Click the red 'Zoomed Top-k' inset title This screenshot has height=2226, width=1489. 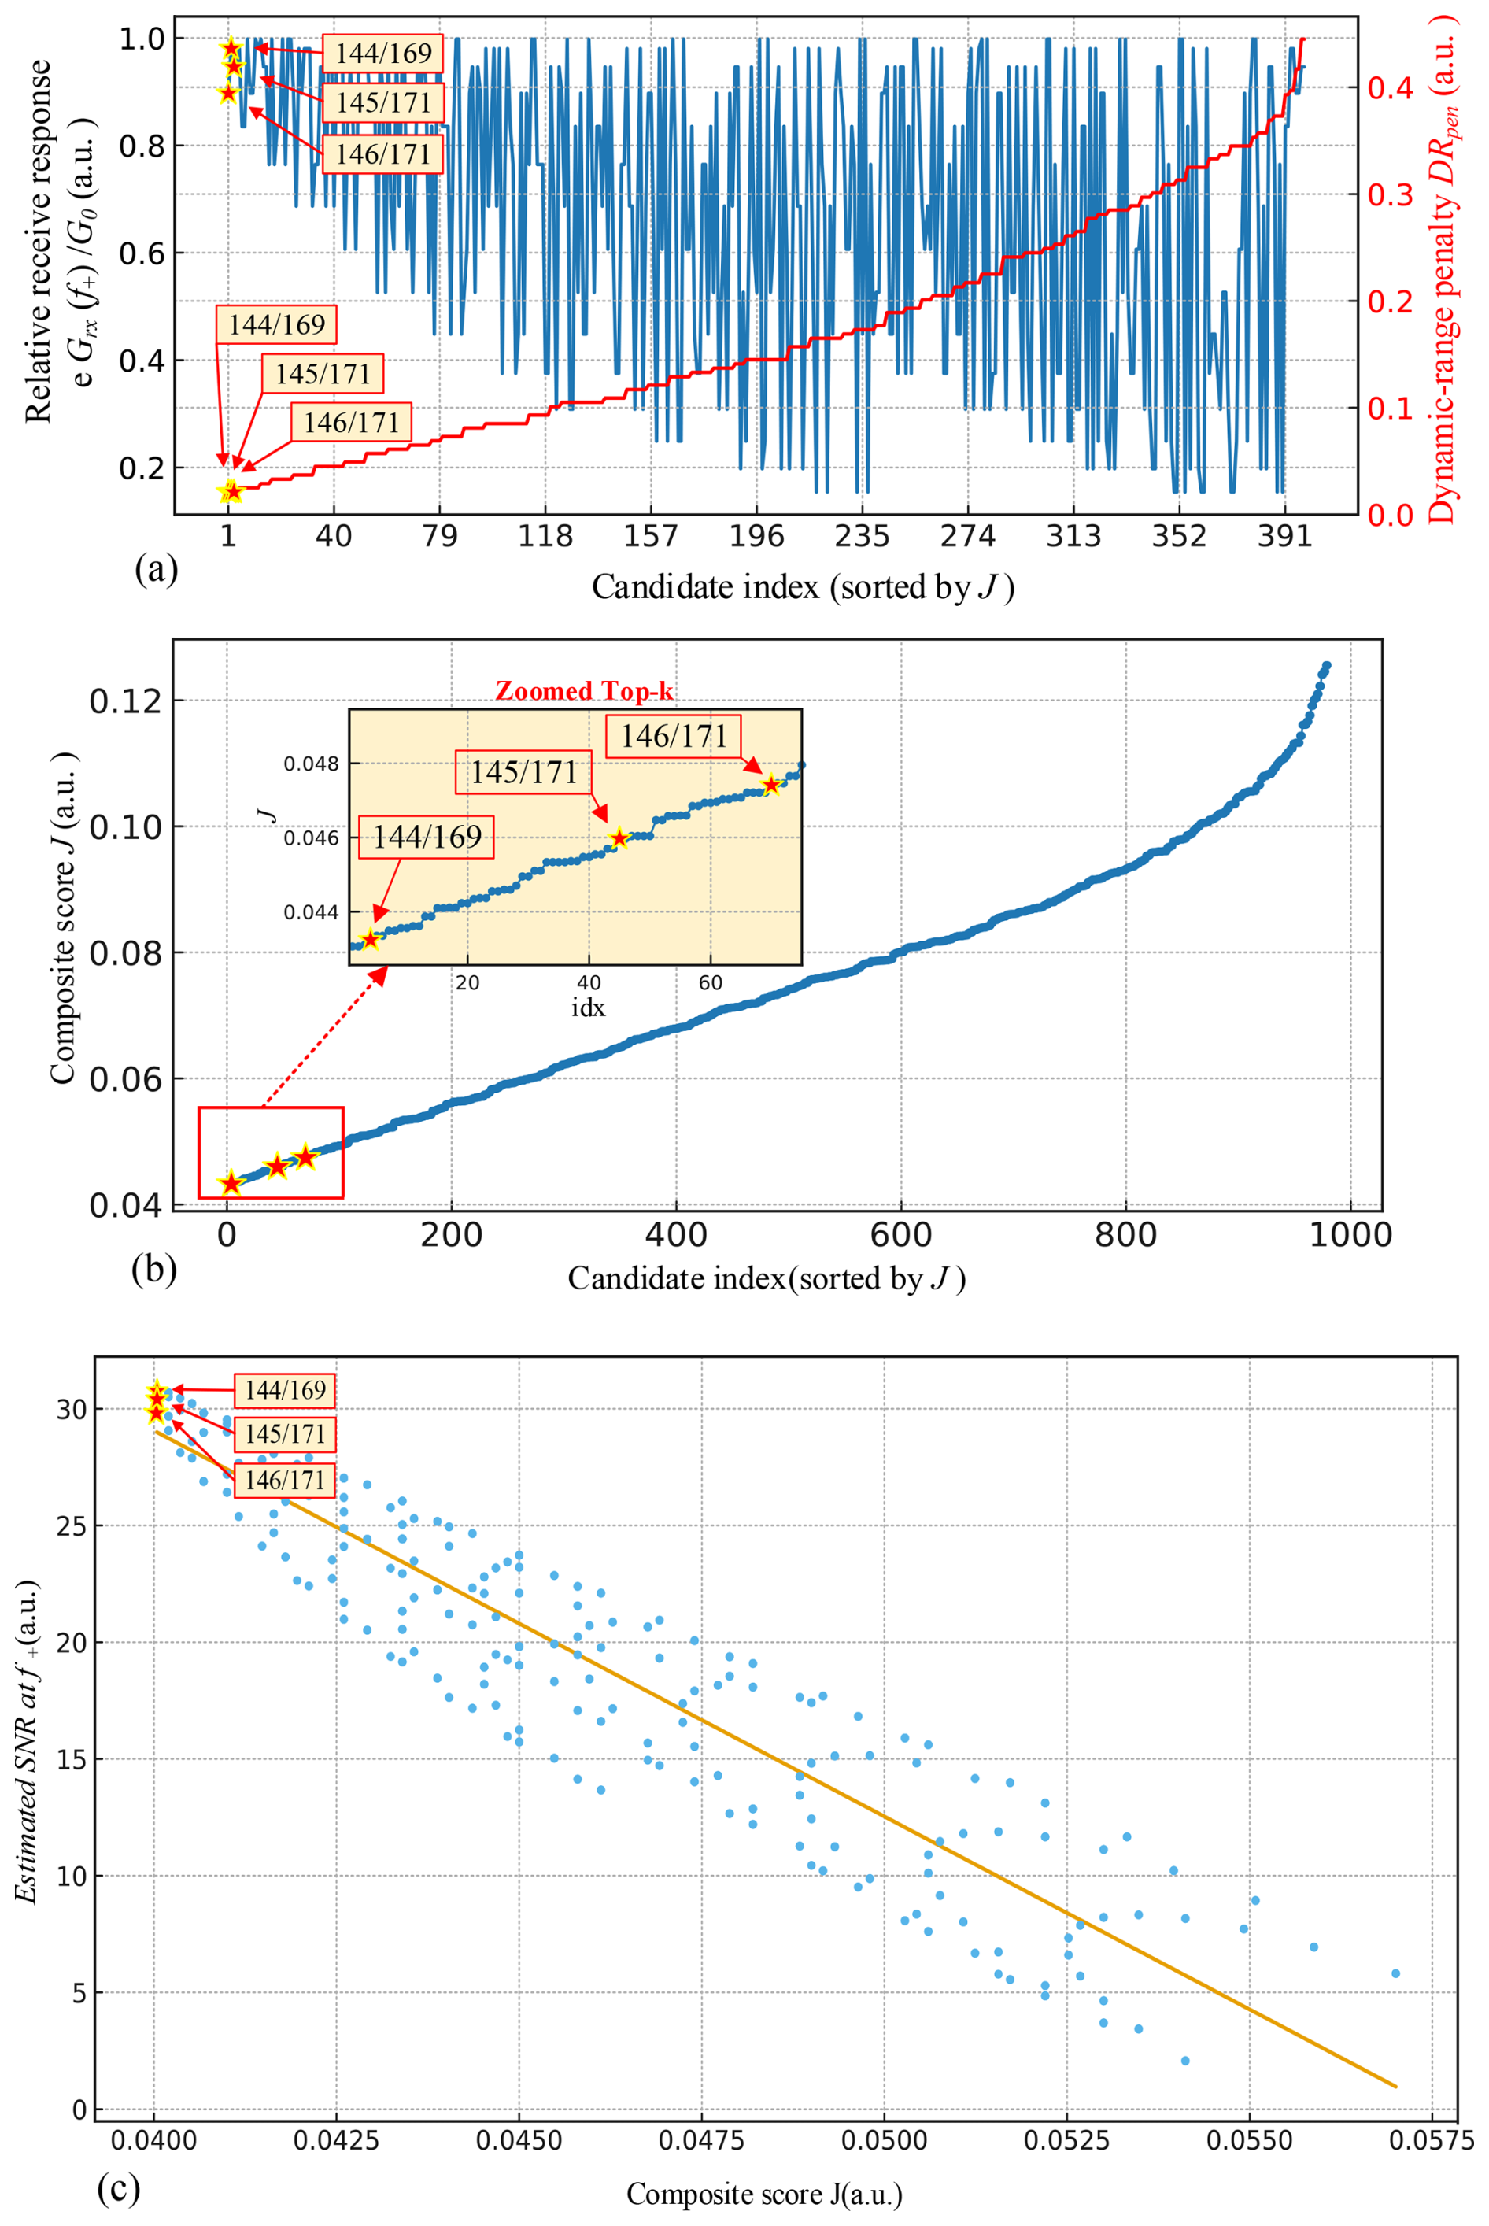click(x=584, y=690)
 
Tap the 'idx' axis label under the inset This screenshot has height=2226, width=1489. click(x=588, y=1008)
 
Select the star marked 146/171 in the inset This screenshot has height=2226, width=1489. click(x=771, y=786)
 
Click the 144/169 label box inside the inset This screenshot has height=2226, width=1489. click(x=427, y=837)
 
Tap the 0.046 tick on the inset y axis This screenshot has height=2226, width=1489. click(x=312, y=838)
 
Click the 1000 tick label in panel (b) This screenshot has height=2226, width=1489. click(x=1350, y=1236)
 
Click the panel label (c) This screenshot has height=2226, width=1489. click(x=119, y=2188)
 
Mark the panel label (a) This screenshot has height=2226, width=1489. click(x=157, y=570)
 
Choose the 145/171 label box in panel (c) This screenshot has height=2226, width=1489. click(x=285, y=1434)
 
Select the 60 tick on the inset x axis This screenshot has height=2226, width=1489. click(x=711, y=983)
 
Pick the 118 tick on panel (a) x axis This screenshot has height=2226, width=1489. click(x=545, y=537)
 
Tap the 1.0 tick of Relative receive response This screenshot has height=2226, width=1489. click(x=142, y=39)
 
